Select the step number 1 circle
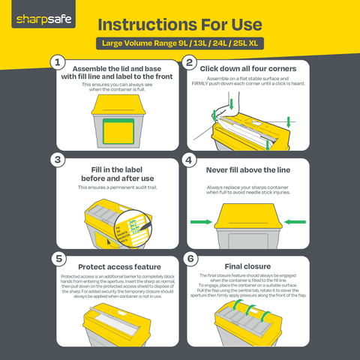(x=56, y=62)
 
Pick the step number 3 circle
(x=56, y=160)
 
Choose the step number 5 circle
(x=56, y=258)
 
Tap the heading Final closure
(x=247, y=265)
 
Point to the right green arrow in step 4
(x=295, y=221)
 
